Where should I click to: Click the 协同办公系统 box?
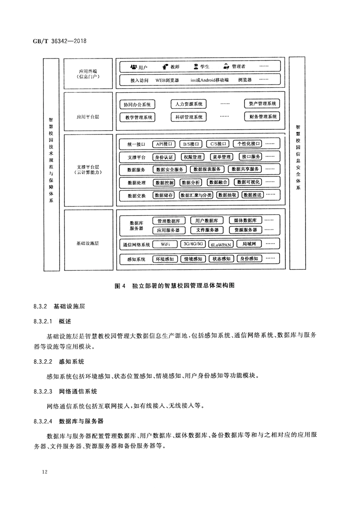[x=137, y=104]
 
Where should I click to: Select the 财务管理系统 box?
[x=260, y=117]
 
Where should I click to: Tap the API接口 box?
[x=164, y=144]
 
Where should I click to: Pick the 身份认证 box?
[x=164, y=157]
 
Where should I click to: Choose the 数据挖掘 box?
[x=164, y=182]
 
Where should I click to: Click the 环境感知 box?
[x=164, y=259]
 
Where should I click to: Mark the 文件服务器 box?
[x=204, y=229]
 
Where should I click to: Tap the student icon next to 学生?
[x=196, y=67]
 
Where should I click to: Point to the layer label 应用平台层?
[x=88, y=117]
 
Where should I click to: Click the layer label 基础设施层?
[x=88, y=243]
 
